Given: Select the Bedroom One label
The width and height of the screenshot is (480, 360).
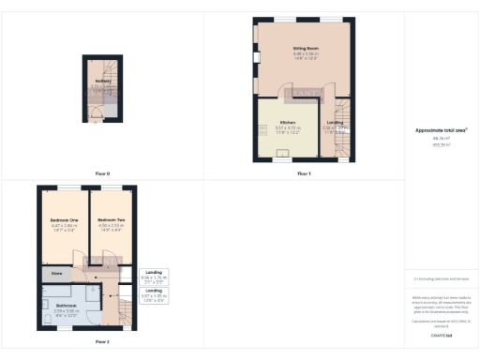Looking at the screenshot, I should coord(64,220).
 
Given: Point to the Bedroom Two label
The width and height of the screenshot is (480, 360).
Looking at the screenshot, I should coord(112,220).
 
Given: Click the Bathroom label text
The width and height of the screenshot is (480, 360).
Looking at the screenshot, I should coord(65,306).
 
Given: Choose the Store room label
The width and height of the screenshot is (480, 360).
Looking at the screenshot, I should coord(56,274).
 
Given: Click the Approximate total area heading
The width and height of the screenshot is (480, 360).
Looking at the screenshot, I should coord(441,130).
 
